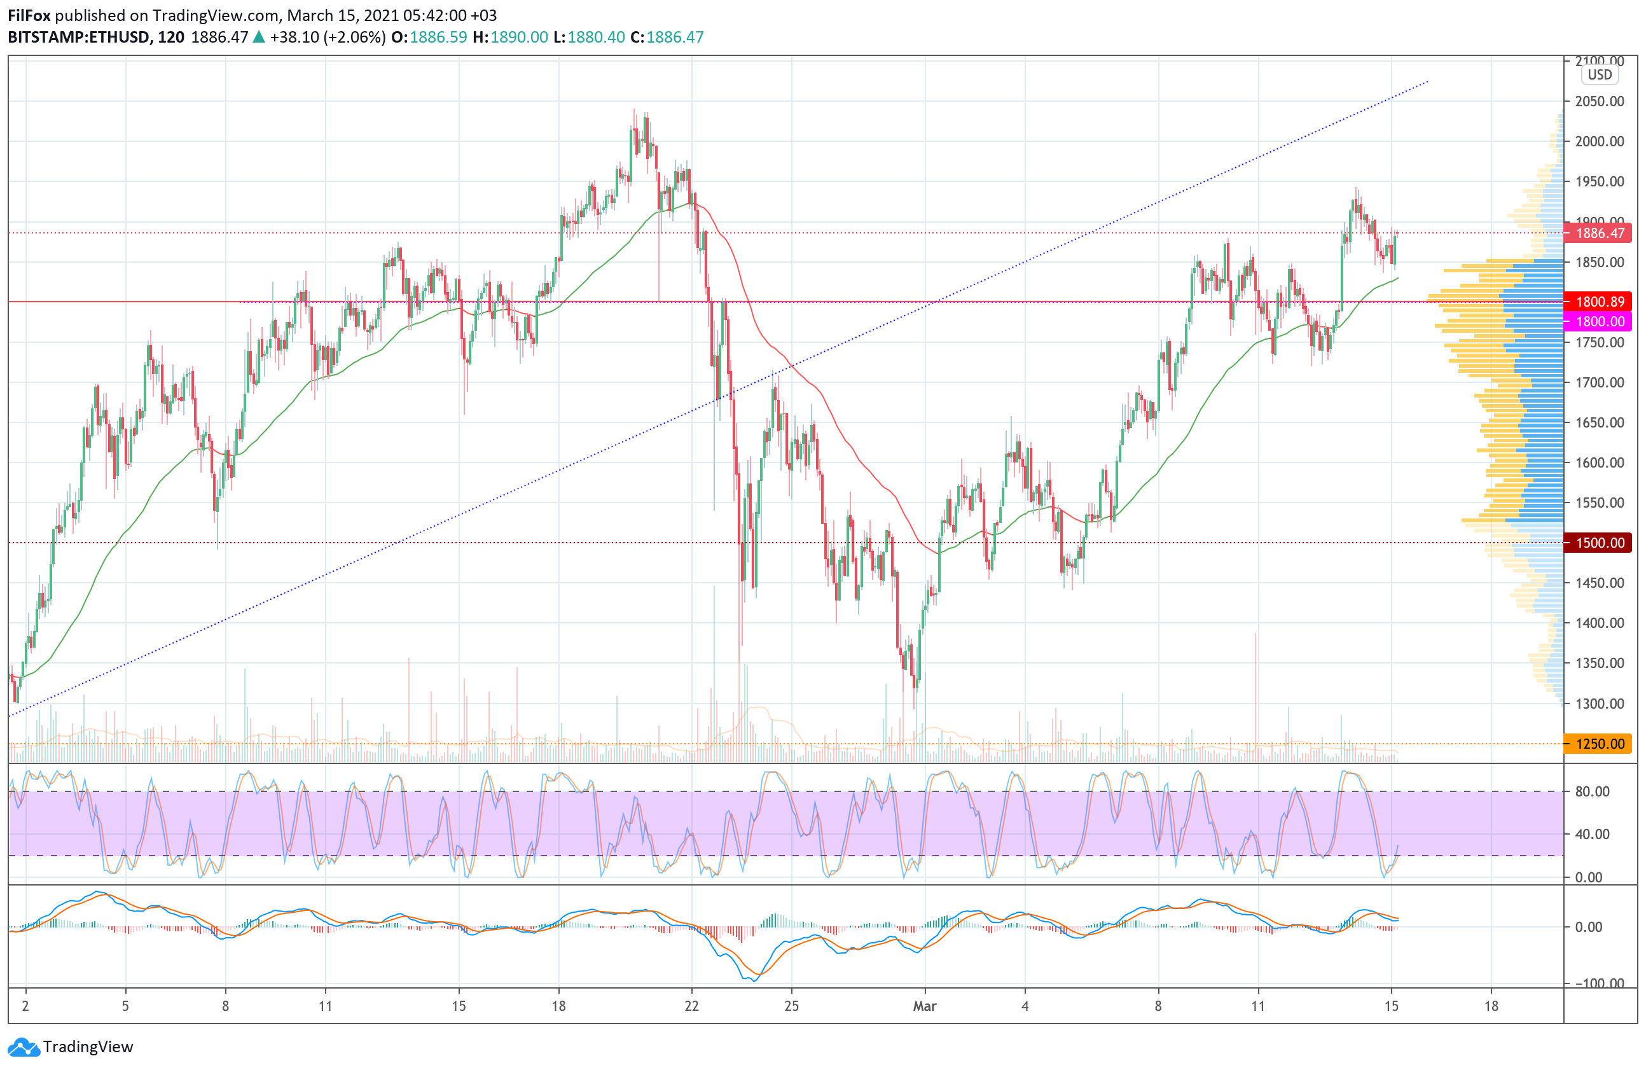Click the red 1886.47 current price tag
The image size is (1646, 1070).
click(x=1598, y=233)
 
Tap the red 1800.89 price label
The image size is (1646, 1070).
click(x=1598, y=302)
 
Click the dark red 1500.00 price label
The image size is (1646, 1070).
click(x=1598, y=542)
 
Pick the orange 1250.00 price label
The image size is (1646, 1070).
click(x=1598, y=744)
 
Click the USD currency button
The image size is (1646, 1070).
click(x=1600, y=74)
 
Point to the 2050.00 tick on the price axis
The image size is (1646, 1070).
click(x=1600, y=101)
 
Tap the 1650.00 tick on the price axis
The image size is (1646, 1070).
click(x=1600, y=422)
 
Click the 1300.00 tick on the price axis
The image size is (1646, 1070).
click(x=1600, y=704)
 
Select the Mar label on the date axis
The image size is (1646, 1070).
click(x=925, y=1006)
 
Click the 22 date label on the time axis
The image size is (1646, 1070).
click(x=691, y=1006)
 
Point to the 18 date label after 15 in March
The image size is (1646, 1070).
click(x=1491, y=1006)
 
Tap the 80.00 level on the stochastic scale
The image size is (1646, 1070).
click(x=1592, y=791)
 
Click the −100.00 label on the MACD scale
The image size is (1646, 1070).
click(x=1598, y=983)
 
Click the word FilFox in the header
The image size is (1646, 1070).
click(x=29, y=15)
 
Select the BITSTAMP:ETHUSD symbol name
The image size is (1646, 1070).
click(x=78, y=38)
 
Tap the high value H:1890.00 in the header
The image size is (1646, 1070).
click(x=509, y=38)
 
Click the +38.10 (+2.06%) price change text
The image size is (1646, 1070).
click(x=328, y=38)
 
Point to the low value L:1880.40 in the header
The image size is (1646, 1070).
click(x=588, y=38)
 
